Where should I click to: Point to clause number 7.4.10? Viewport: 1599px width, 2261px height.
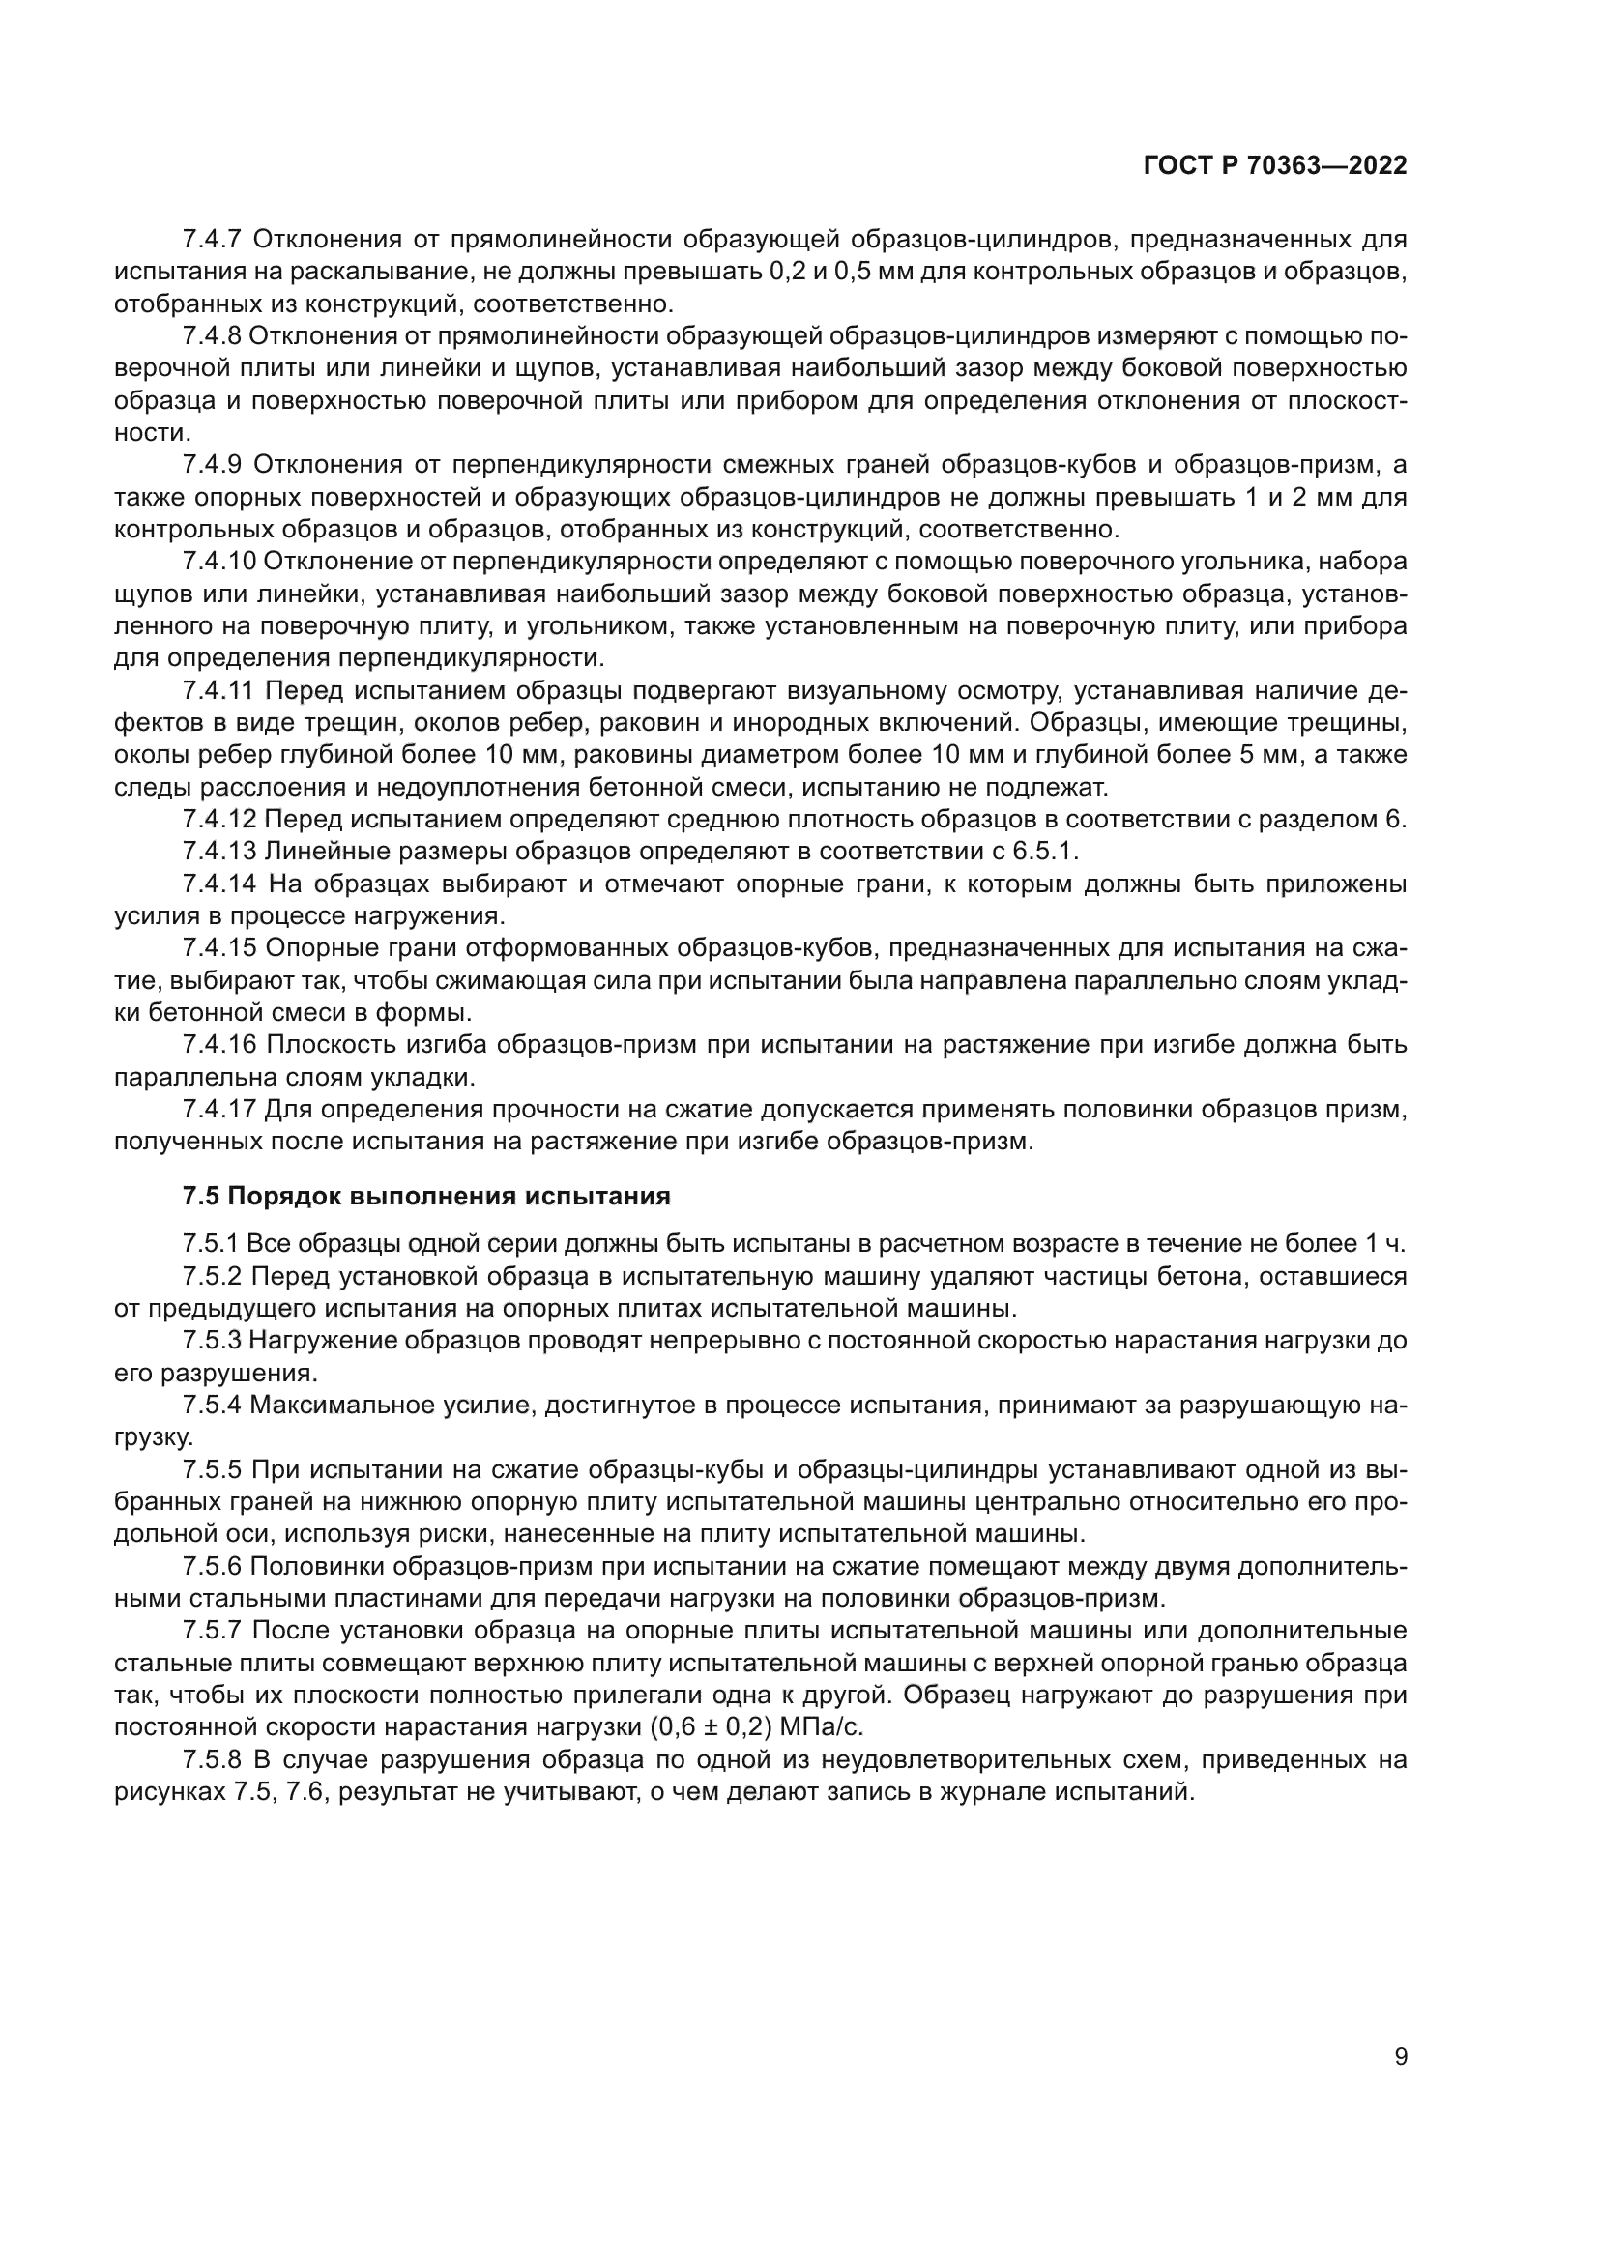[x=218, y=562]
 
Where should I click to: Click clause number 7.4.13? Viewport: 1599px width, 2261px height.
[x=218, y=851]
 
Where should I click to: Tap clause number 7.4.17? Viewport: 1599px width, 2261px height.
[x=218, y=1110]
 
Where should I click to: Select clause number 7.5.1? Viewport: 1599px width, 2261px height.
[x=211, y=1244]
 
